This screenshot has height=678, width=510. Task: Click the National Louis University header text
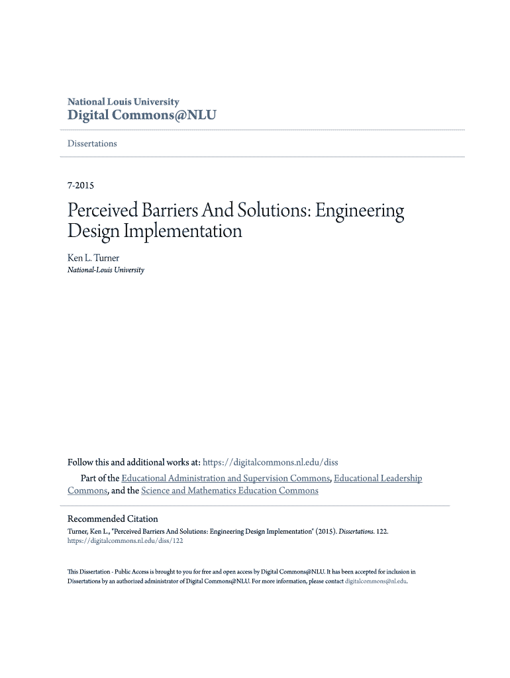[123, 102]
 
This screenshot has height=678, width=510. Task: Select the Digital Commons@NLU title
[142, 115]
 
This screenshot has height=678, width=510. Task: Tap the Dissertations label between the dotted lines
[92, 144]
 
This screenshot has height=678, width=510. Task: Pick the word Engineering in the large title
[359, 212]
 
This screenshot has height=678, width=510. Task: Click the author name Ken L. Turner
[93, 258]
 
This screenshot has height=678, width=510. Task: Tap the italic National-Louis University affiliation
[106, 270]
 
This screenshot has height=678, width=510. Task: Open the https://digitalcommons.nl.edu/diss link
[270, 462]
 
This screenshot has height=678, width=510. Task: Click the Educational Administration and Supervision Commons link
[225, 478]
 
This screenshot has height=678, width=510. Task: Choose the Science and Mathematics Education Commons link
[230, 491]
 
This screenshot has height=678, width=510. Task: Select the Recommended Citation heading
[113, 518]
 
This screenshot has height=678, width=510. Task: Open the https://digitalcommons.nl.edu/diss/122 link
[125, 540]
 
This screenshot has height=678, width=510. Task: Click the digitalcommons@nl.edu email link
[376, 581]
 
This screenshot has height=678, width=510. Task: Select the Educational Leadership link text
[378, 478]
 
